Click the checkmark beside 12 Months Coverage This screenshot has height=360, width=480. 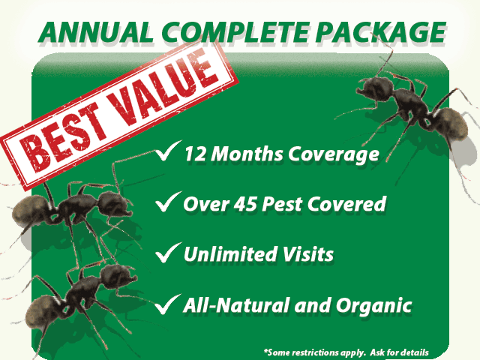tap(166, 154)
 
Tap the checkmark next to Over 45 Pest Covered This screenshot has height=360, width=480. tap(166, 203)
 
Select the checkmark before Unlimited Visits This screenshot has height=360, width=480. tap(166, 254)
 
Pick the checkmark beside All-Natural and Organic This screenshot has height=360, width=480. tap(166, 304)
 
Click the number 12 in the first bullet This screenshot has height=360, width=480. tap(196, 155)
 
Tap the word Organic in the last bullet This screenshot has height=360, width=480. tap(379, 306)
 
